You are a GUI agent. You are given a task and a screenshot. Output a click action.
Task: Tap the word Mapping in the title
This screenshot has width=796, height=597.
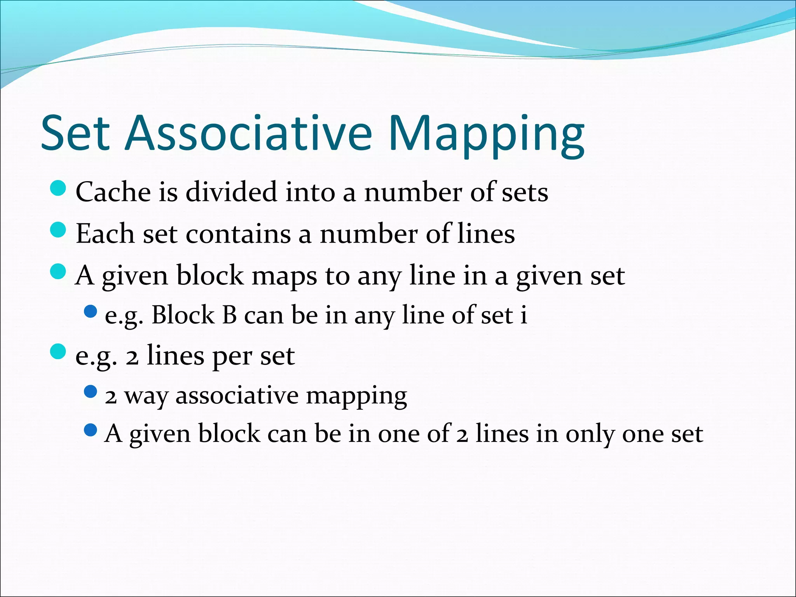click(486, 134)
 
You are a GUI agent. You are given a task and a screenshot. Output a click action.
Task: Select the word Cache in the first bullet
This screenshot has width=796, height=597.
click(113, 192)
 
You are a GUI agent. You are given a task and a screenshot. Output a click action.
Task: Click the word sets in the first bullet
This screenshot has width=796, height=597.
click(525, 193)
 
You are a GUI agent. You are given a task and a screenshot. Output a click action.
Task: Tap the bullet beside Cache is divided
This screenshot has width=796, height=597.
click(58, 189)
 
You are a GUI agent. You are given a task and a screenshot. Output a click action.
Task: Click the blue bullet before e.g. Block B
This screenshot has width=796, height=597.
click(90, 311)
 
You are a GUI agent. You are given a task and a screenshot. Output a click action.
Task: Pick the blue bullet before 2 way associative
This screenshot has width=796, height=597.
click(90, 391)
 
